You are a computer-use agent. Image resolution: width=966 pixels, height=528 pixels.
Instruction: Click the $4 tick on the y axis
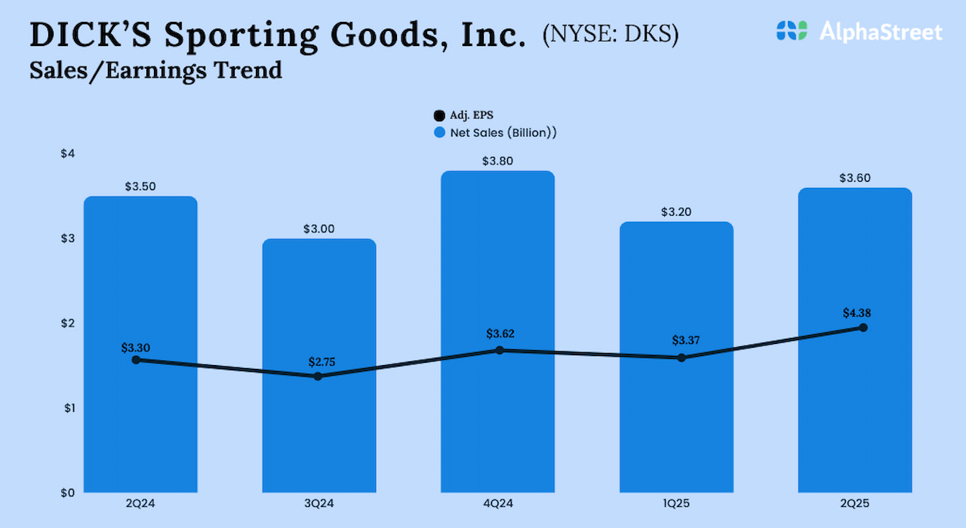tap(68, 154)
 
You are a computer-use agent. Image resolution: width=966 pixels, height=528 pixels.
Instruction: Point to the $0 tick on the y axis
tap(68, 493)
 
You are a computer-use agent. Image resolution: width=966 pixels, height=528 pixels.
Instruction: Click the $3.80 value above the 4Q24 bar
tap(497, 161)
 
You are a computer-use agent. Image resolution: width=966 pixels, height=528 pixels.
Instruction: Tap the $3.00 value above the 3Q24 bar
tap(319, 229)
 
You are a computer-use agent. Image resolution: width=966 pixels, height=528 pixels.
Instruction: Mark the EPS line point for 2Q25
tap(863, 327)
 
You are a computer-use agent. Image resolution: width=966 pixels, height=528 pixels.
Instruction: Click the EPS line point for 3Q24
tap(318, 376)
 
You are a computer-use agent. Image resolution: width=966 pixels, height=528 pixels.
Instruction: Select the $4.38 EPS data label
tap(857, 313)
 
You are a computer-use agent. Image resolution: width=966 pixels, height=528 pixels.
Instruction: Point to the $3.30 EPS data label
tap(136, 348)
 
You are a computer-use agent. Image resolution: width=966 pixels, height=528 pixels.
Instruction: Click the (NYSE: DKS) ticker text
tap(611, 35)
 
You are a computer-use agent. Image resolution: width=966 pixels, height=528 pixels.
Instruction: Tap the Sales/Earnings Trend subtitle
tap(155, 70)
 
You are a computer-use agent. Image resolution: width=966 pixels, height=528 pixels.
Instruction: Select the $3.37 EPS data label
tap(688, 340)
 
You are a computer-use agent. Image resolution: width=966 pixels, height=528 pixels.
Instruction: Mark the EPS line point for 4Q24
tap(500, 350)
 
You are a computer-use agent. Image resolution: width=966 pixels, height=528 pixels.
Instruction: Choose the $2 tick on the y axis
tap(68, 323)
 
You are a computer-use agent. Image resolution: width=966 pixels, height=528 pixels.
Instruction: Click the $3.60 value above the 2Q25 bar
tap(854, 178)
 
